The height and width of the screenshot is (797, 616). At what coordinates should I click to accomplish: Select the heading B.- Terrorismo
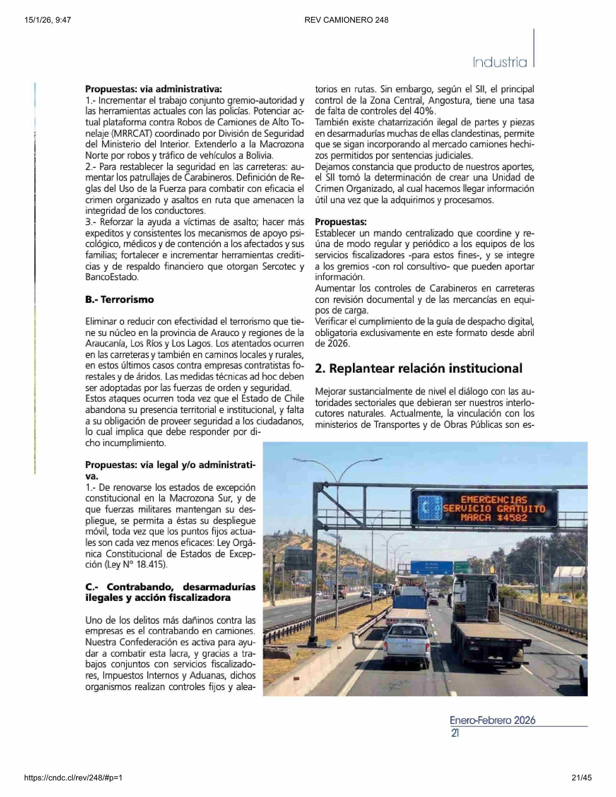(119, 300)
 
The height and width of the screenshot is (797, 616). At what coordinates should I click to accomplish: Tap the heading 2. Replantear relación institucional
(419, 368)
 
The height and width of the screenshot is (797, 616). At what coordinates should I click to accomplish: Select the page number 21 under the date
(455, 733)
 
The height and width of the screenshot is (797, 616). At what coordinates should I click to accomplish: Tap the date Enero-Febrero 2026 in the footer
(492, 720)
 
